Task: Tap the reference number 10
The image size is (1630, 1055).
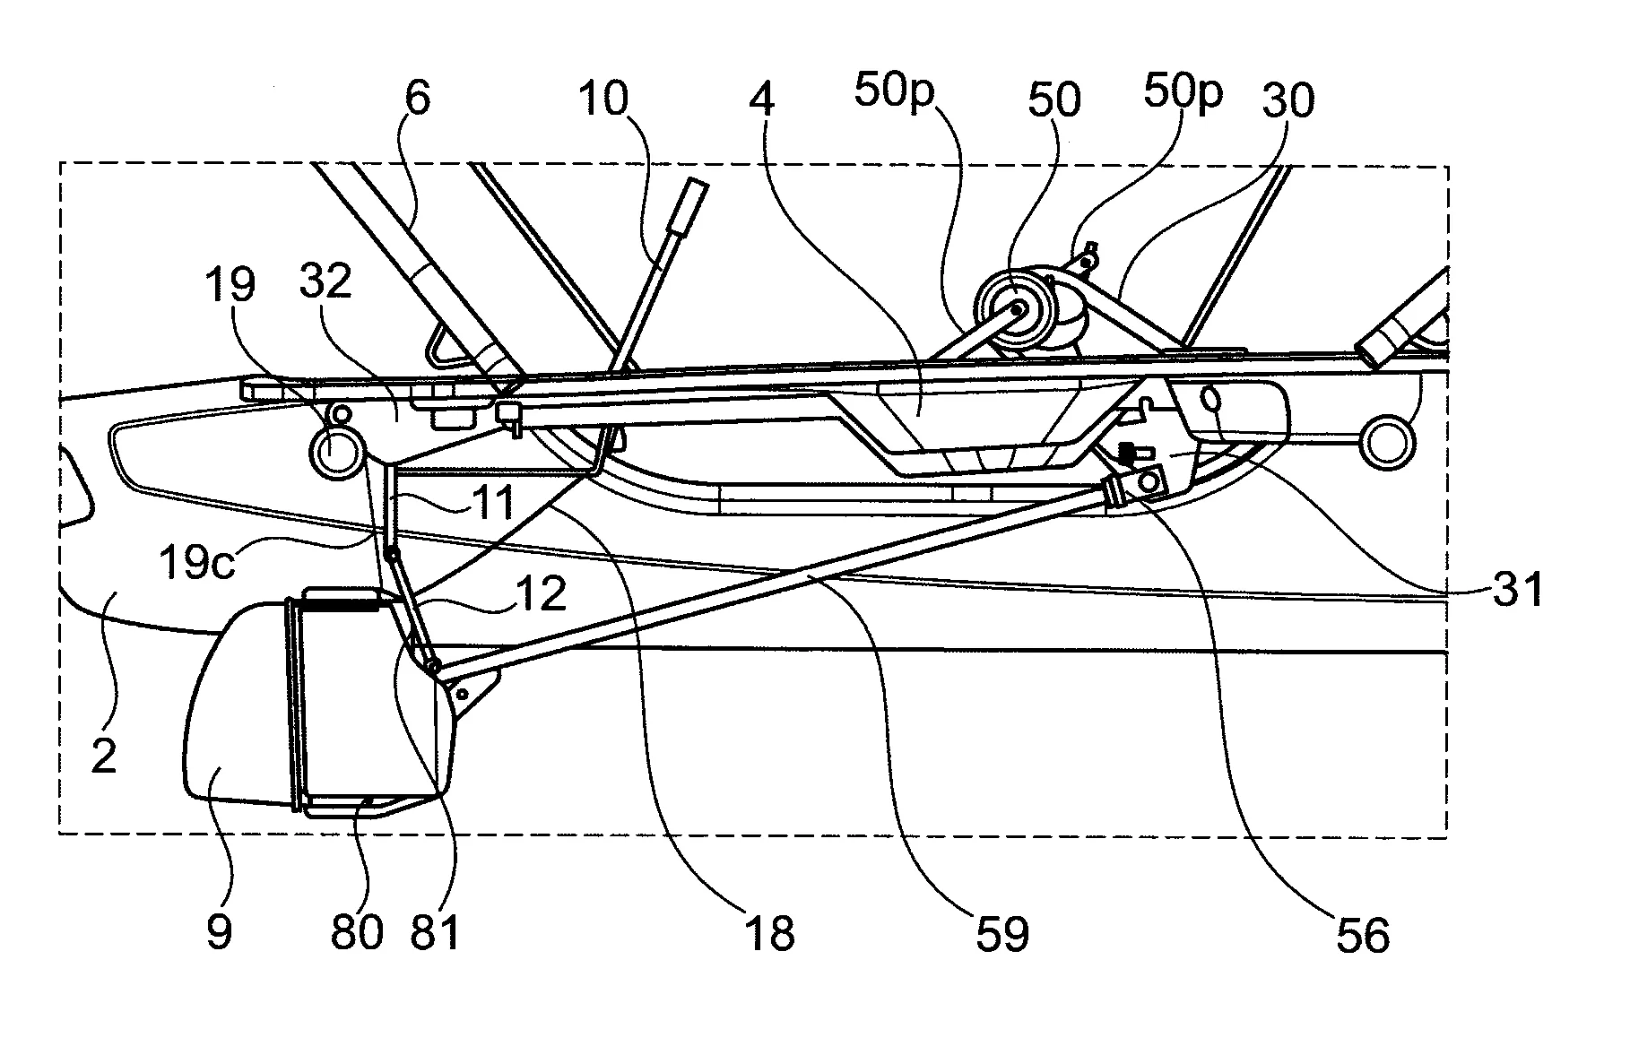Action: (x=603, y=99)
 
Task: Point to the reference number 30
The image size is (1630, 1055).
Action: (x=1288, y=100)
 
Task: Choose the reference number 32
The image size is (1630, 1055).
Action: (x=325, y=282)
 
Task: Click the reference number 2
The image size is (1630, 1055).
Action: (x=104, y=755)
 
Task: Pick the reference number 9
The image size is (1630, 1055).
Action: (x=219, y=931)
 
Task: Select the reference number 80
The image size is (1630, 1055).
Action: (x=357, y=932)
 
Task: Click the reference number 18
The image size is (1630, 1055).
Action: (x=768, y=933)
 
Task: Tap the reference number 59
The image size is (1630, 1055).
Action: (x=1001, y=933)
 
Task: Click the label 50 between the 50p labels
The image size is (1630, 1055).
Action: (x=1053, y=100)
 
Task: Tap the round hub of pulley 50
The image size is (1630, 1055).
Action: (x=1018, y=309)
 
